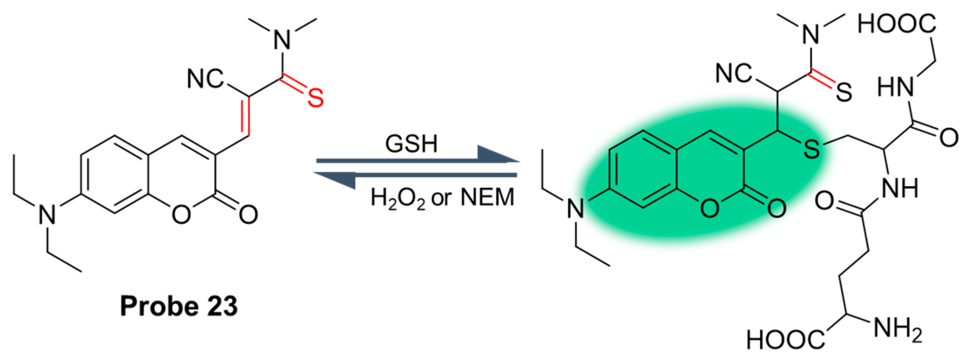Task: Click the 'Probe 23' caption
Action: click(x=179, y=306)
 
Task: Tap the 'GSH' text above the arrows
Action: click(x=411, y=144)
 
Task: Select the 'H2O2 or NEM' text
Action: click(x=442, y=197)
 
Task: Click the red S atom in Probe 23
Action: click(x=315, y=98)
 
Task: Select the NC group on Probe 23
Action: click(x=205, y=79)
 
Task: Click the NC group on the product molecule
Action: click(x=734, y=73)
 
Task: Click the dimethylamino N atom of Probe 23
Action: click(x=282, y=40)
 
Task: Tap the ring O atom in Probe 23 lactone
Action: click(x=181, y=215)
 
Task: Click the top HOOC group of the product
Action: click(x=897, y=24)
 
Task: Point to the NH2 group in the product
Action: click(x=897, y=330)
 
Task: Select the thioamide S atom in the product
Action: click(x=843, y=93)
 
